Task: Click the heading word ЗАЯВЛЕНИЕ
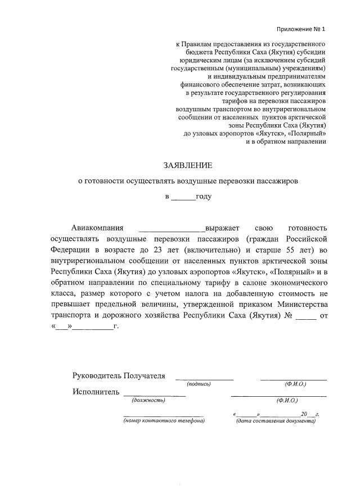coord(188,165)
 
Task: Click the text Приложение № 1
coord(301,29)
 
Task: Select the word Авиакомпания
coord(97,228)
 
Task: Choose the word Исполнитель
coord(96,391)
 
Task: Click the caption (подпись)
coord(199,384)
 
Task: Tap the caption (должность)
coord(148,400)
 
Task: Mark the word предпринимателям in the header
coord(290,76)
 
